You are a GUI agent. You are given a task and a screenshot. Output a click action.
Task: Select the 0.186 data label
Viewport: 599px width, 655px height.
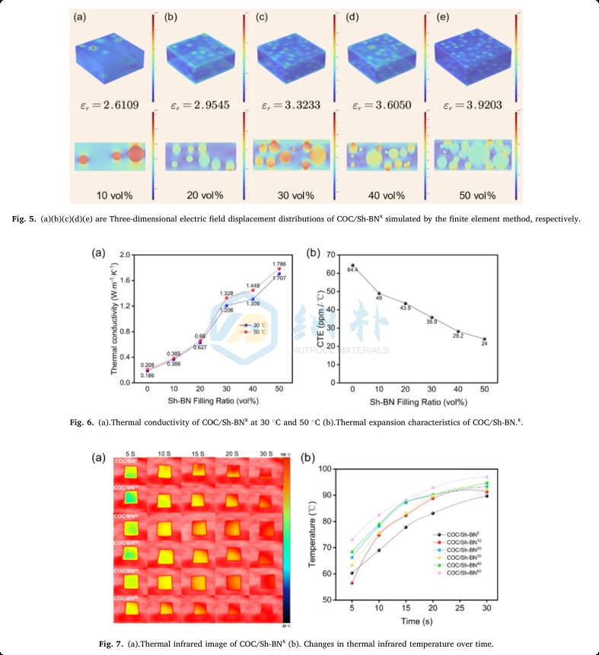[147, 376]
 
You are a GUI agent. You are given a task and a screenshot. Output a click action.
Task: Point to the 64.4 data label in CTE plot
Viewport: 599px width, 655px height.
[352, 269]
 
